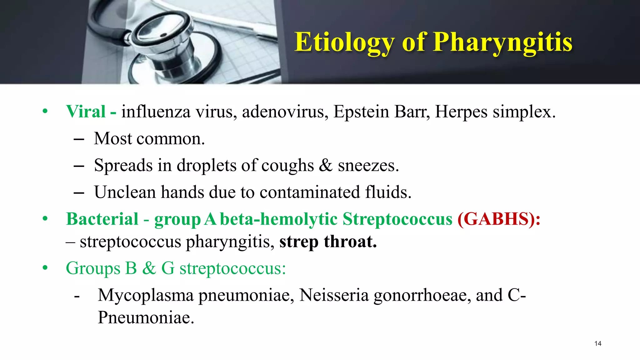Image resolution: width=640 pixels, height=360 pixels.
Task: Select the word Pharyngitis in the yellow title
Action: click(503, 42)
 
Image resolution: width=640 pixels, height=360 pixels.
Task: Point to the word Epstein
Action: click(361, 112)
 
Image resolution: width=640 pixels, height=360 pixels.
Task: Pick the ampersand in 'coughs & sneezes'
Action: click(326, 165)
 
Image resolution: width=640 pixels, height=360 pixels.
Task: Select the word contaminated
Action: click(310, 192)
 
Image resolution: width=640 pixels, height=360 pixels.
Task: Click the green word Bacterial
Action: click(102, 219)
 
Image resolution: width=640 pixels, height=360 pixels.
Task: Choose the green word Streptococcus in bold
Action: click(397, 219)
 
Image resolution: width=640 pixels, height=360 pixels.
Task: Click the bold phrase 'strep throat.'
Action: click(328, 242)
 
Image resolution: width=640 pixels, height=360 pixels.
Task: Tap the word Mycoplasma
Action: click(146, 295)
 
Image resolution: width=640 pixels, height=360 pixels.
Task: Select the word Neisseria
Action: click(334, 295)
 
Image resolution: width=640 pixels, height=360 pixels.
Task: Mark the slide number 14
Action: click(598, 344)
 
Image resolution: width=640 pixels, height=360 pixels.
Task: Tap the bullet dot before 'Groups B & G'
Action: click(45, 268)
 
